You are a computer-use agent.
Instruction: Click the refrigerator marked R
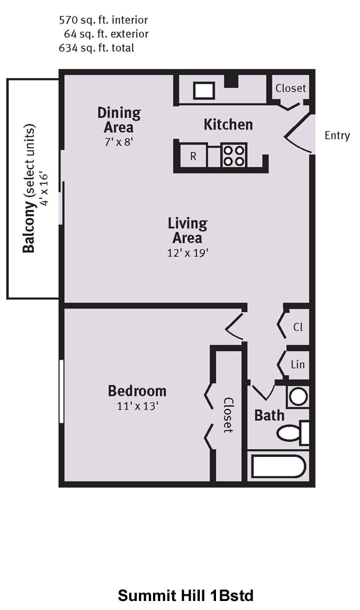coord(193,156)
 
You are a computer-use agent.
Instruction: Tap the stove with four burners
coord(233,156)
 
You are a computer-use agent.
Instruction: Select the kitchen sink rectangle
coord(204,91)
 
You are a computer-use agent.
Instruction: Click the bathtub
coord(278,466)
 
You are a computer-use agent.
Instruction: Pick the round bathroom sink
coord(298,397)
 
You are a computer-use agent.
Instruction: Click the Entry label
coord(337,135)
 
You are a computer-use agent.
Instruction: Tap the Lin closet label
coord(298,364)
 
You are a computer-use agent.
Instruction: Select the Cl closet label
coord(298,327)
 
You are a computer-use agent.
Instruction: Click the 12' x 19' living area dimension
coord(188,253)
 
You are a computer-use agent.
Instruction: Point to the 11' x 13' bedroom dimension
coord(137,406)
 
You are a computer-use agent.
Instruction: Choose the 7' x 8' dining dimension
coord(119,142)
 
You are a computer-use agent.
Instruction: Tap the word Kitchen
coord(228,124)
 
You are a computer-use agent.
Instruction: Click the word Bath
coord(269,415)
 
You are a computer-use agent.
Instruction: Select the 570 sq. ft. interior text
coord(103,20)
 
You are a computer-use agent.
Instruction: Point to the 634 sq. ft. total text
coord(97,48)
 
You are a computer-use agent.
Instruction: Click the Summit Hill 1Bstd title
coord(186,596)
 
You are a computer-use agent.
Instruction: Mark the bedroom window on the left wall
coord(61,391)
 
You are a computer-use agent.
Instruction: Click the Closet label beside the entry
coord(290,88)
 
